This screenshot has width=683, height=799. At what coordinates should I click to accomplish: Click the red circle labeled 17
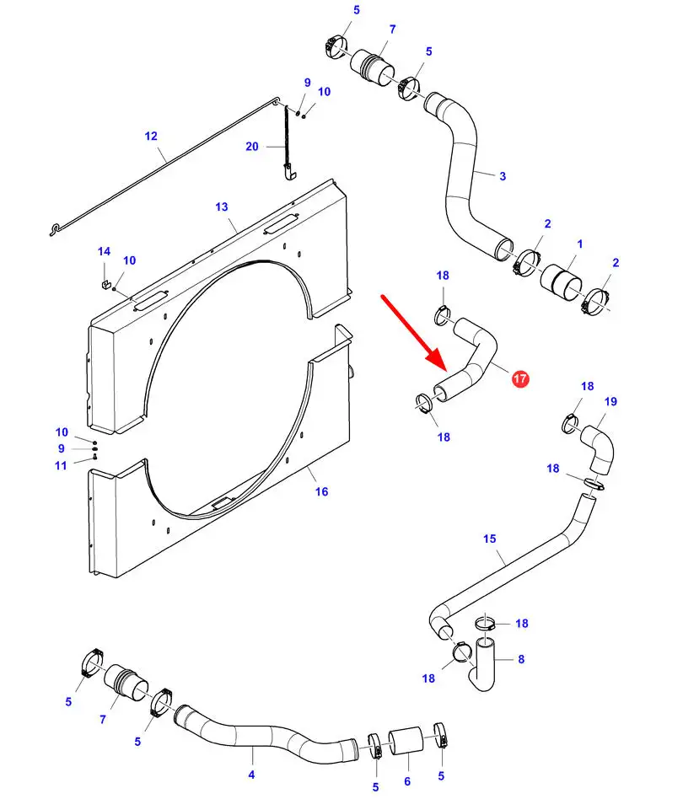[519, 378]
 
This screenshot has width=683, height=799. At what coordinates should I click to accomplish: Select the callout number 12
[151, 136]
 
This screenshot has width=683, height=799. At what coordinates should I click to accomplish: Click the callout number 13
[222, 206]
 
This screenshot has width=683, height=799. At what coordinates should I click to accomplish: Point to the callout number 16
[321, 491]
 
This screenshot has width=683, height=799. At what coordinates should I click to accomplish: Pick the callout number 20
[252, 147]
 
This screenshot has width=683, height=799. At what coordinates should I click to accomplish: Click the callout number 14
[104, 252]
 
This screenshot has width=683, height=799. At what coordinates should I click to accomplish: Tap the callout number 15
[490, 539]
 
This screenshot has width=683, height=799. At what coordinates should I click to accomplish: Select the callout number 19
[610, 402]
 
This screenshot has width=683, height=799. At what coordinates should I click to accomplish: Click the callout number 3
[503, 176]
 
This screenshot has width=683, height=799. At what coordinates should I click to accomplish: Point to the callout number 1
[579, 244]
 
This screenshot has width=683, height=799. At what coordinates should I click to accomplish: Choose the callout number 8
[521, 659]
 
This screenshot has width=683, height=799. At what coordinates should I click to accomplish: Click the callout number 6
[407, 781]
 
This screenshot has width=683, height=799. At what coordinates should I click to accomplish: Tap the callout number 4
[252, 775]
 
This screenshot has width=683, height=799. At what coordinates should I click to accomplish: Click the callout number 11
[62, 466]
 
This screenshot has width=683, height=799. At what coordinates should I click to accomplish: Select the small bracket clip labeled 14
[106, 283]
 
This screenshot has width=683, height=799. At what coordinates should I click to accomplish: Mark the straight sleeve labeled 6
[406, 741]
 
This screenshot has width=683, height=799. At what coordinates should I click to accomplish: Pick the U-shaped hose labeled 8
[481, 664]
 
